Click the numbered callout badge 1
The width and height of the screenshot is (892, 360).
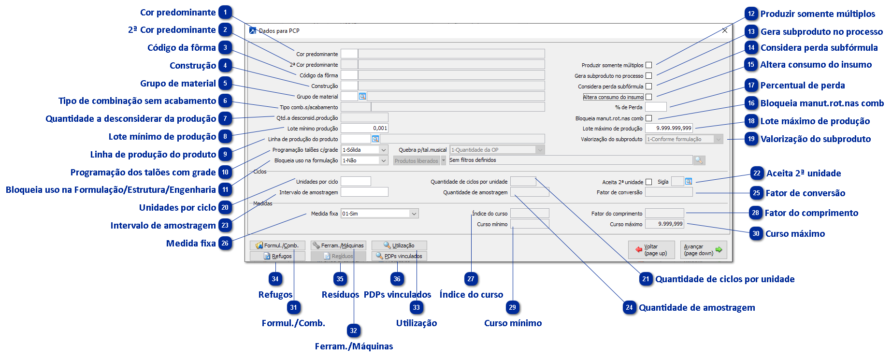tap(225, 12)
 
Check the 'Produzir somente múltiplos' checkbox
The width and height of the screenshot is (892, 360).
tap(648, 65)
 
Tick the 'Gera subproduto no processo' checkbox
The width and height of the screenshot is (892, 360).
tap(648, 76)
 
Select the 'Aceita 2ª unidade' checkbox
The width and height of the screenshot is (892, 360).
tap(648, 182)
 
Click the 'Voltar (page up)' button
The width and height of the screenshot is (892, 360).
tap(651, 250)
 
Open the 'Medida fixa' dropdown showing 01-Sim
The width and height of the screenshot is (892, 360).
tap(379, 214)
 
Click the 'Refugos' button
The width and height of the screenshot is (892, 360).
tap(277, 256)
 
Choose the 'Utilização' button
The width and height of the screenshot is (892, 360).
tap(399, 245)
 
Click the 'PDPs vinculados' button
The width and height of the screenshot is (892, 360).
tap(399, 256)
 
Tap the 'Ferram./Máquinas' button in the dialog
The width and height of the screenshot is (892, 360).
tap(338, 245)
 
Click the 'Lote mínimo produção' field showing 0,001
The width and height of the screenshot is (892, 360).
tap(364, 129)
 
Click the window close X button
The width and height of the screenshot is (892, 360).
tap(724, 30)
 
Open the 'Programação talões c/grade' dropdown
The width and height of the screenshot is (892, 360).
tap(364, 150)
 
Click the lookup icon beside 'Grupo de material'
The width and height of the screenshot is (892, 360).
tap(362, 97)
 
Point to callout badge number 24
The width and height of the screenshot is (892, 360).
tap(629, 307)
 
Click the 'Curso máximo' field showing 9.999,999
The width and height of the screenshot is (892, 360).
tap(664, 224)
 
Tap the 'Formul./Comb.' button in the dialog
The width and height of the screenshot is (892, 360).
tap(277, 245)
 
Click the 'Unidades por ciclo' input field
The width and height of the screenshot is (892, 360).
tap(356, 182)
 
